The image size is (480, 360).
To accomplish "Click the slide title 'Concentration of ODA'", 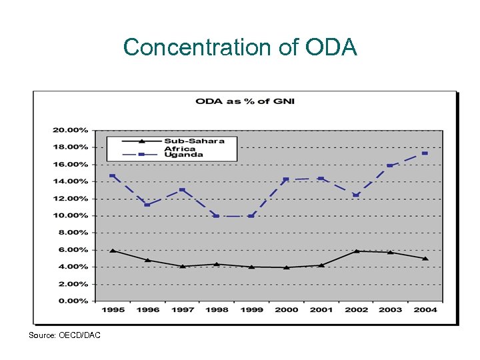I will (x=240, y=47).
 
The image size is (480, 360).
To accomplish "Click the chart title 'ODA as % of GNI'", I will (x=245, y=101).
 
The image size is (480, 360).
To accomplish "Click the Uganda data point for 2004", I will (x=425, y=153).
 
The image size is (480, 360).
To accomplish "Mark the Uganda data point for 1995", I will (x=112, y=176).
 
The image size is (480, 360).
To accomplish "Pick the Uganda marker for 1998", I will (x=216, y=216).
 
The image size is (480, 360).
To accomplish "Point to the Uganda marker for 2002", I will (x=355, y=195).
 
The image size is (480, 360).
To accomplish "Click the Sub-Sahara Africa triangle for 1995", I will (x=112, y=251).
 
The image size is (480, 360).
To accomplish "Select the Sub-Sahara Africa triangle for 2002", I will (x=355, y=251).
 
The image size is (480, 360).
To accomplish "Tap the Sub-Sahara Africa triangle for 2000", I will (x=286, y=267).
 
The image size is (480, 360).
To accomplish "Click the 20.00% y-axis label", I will (x=71, y=130).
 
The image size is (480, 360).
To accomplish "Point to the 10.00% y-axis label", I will (x=71, y=215).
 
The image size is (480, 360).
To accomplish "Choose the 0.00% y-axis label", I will (x=73, y=301).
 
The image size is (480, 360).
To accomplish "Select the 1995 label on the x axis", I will (x=112, y=309).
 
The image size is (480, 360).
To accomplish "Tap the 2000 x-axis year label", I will (x=286, y=309).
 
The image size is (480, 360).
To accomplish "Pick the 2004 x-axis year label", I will (x=425, y=309).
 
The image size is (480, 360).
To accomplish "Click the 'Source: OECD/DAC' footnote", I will (x=65, y=335).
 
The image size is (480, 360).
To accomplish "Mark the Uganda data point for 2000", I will (x=286, y=179).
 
